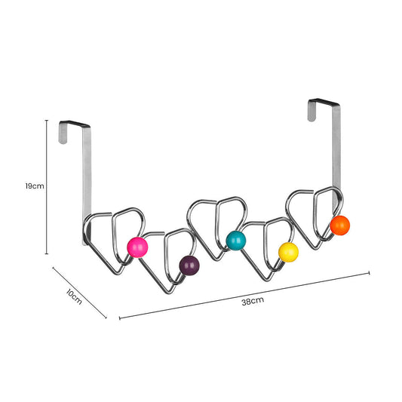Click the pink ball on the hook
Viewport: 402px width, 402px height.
(137, 247)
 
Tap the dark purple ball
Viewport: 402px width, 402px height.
(189, 265)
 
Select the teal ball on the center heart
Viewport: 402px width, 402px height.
(235, 240)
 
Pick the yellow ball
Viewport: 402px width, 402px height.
(288, 252)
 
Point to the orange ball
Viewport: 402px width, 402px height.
(339, 224)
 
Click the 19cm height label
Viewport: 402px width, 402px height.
(33, 186)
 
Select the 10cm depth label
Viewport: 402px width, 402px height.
(73, 296)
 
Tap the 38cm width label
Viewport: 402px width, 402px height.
(252, 302)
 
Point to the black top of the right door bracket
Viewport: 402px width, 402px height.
(324, 101)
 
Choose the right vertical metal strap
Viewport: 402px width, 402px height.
(336, 151)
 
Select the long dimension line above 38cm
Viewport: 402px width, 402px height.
(244, 294)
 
